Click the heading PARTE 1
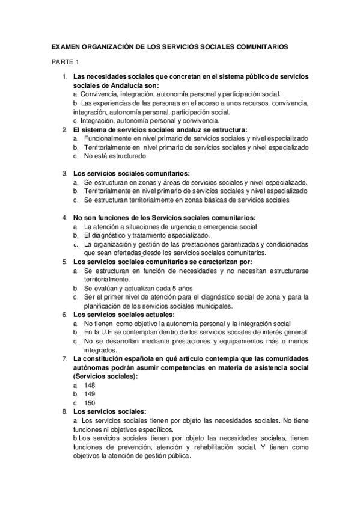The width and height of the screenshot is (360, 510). (x=65, y=61)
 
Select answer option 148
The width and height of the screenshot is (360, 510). (x=90, y=385)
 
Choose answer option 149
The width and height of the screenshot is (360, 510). (x=90, y=394)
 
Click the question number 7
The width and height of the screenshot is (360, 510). (x=64, y=358)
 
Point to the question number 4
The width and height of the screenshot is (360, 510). (x=64, y=217)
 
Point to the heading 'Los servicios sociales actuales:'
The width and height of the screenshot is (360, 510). (x=123, y=314)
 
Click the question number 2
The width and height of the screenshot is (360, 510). (x=64, y=129)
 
